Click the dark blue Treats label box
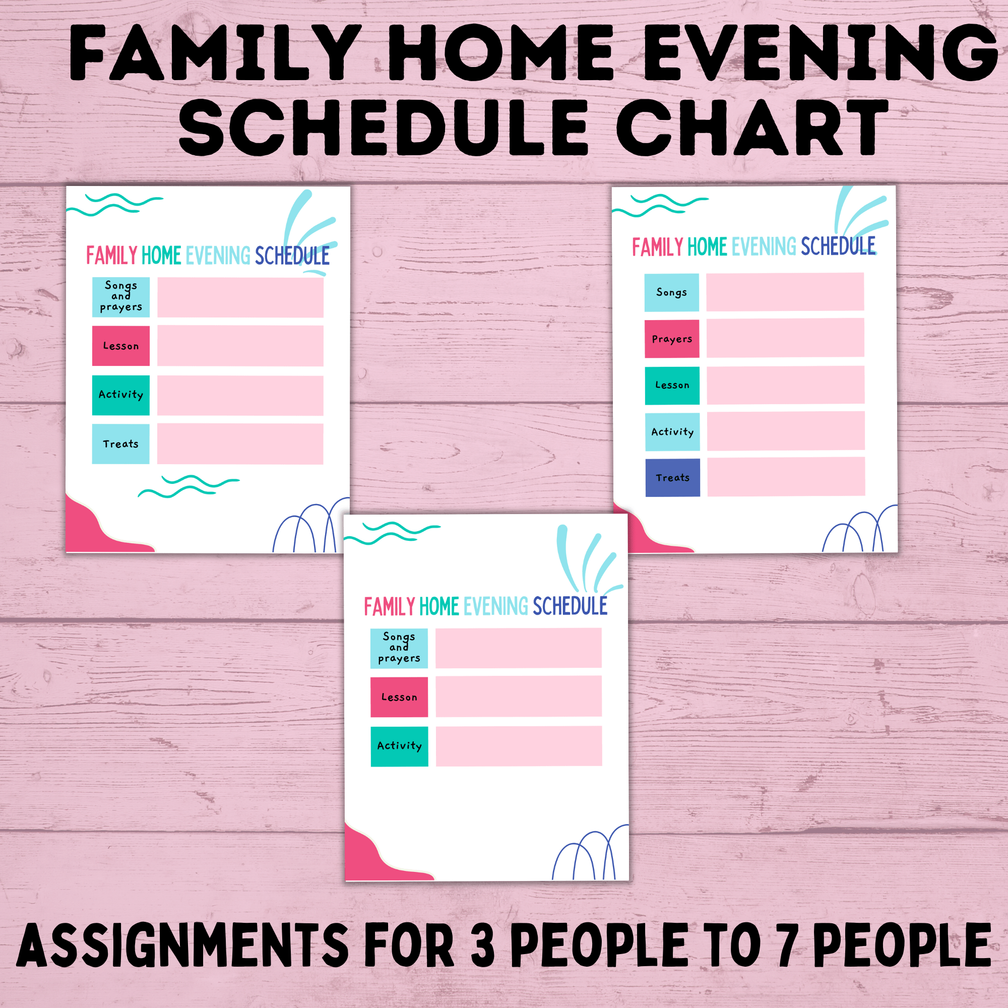(672, 477)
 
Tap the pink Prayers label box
(672, 339)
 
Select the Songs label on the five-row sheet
(671, 292)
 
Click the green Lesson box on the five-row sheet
(672, 385)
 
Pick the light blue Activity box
(672, 431)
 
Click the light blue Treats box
(120, 444)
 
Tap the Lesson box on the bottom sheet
(399, 697)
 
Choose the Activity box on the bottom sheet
(399, 746)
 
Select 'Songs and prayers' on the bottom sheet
(399, 648)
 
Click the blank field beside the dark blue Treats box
(786, 477)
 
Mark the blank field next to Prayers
(785, 338)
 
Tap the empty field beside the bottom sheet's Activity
(519, 746)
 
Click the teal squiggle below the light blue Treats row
(188, 486)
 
